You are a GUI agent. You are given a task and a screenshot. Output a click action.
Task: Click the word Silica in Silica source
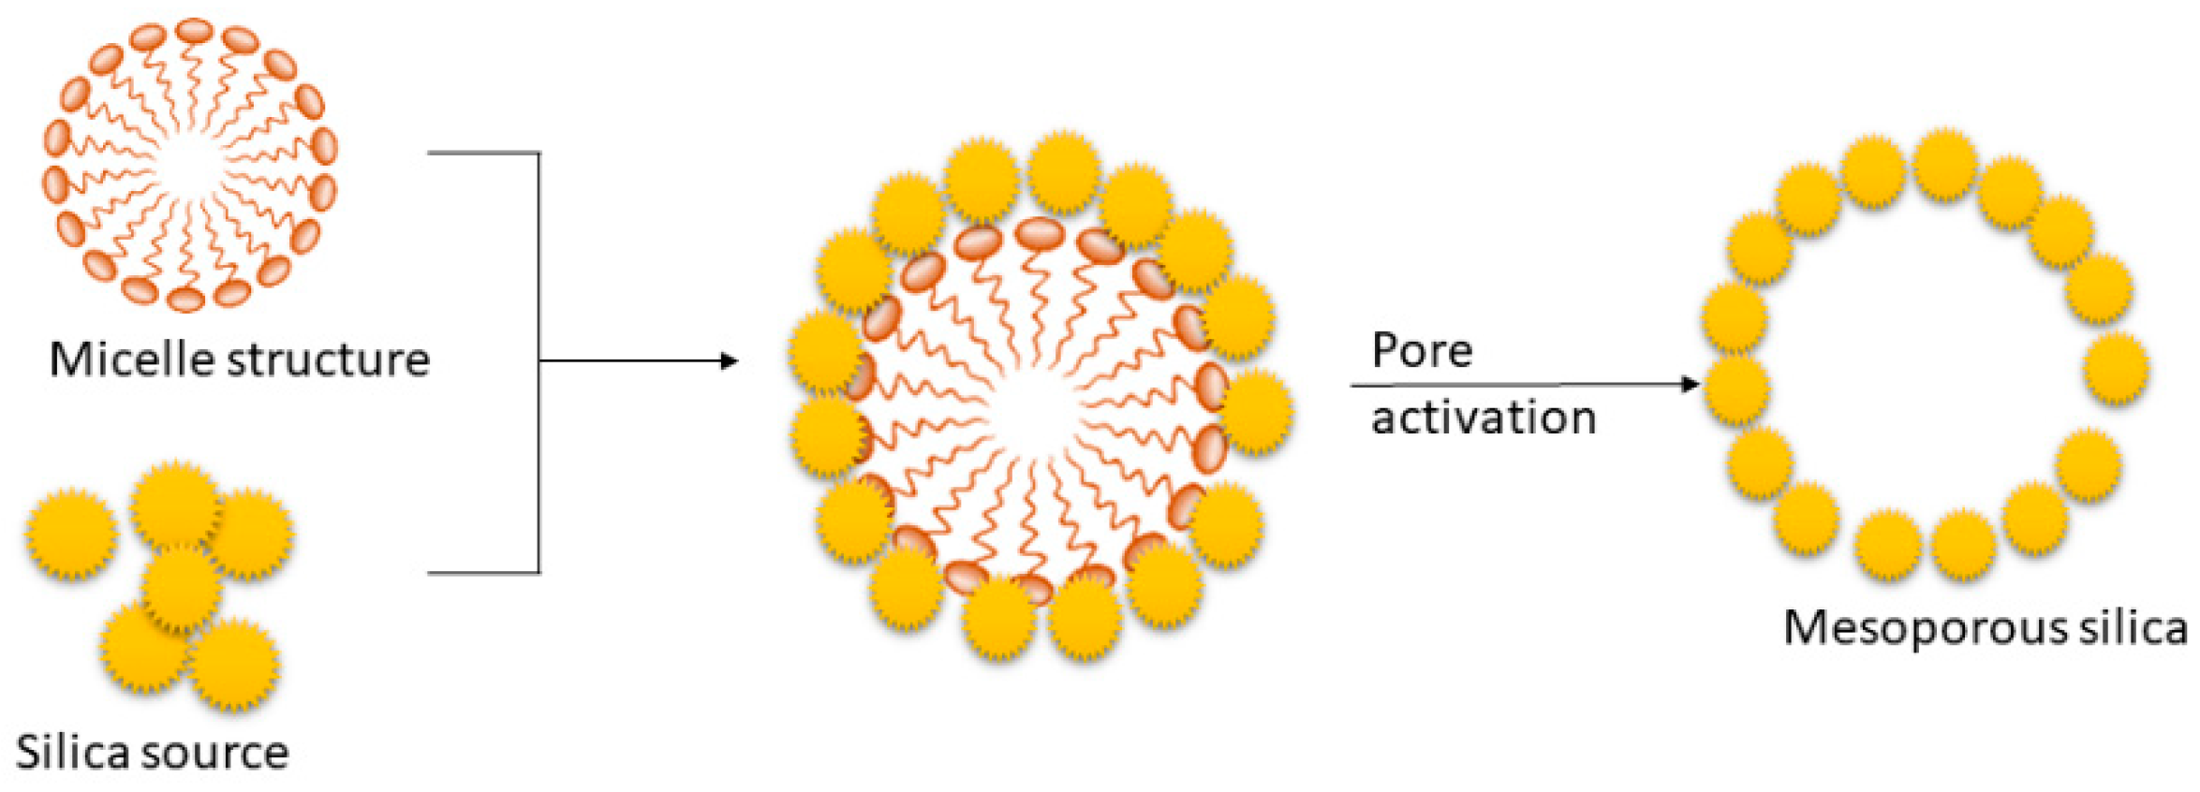click(x=74, y=754)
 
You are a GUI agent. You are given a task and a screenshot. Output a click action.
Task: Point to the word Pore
click(x=1422, y=351)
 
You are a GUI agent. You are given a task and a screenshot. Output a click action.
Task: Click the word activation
click(x=1484, y=418)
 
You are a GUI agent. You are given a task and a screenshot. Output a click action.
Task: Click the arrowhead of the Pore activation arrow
click(x=1691, y=384)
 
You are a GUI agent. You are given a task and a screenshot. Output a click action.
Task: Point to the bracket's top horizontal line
click(x=483, y=153)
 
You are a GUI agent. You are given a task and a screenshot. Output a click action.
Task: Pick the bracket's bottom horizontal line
click(x=483, y=572)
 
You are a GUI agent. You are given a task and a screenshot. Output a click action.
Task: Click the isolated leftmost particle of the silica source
click(x=72, y=534)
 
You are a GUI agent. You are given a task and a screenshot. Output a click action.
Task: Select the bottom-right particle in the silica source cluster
click(x=234, y=664)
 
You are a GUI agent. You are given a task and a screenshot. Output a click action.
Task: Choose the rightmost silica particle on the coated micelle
click(x=1258, y=412)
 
